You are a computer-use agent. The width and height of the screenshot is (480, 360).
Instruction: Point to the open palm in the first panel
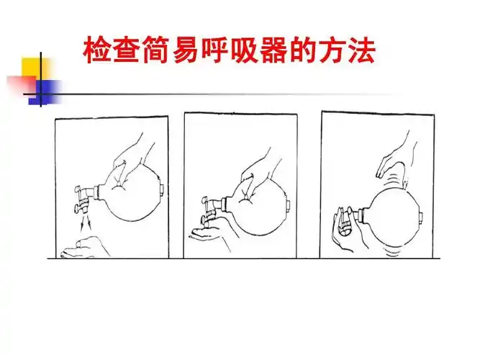coord(83,250)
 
